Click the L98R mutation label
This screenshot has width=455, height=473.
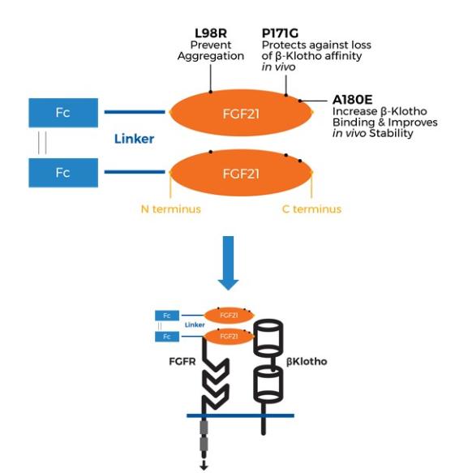pyautogui.click(x=211, y=32)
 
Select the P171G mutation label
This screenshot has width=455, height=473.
pyautogui.click(x=279, y=32)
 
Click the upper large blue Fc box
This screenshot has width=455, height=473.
pyautogui.click(x=62, y=112)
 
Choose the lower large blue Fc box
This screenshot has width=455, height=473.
pyautogui.click(x=62, y=173)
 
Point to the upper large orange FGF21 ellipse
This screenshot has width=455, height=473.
pyautogui.click(x=241, y=113)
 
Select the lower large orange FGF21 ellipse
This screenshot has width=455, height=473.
pyautogui.click(x=241, y=174)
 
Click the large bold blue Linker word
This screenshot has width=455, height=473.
pyautogui.click(x=134, y=139)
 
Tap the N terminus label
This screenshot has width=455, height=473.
pyautogui.click(x=171, y=209)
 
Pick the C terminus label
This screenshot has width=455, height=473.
pyautogui.click(x=311, y=209)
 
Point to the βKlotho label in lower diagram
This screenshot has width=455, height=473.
pyautogui.click(x=305, y=361)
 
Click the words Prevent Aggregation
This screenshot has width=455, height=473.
pyautogui.click(x=211, y=50)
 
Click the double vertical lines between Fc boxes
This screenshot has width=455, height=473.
pyautogui.click(x=41, y=143)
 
